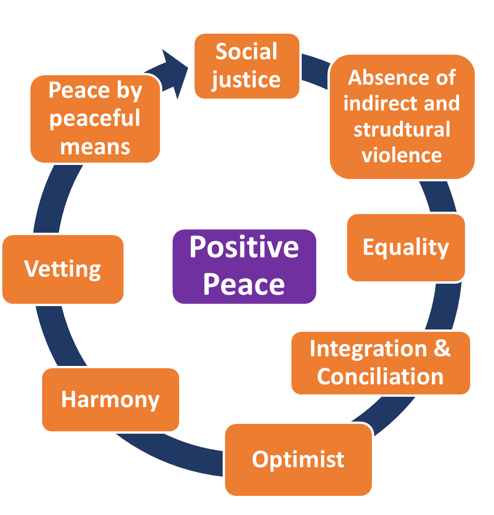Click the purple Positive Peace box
click(244, 266)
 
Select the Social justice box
click(247, 66)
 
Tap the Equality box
click(406, 248)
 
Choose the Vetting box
click(63, 269)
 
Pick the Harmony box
click(110, 400)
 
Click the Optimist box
click(298, 459)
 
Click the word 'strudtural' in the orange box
click(402, 129)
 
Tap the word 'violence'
click(402, 155)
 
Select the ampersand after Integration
click(442, 348)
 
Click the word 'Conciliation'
click(380, 376)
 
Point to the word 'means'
click(95, 147)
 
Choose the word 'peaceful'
click(95, 119)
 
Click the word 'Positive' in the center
click(244, 247)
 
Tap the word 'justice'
click(246, 80)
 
